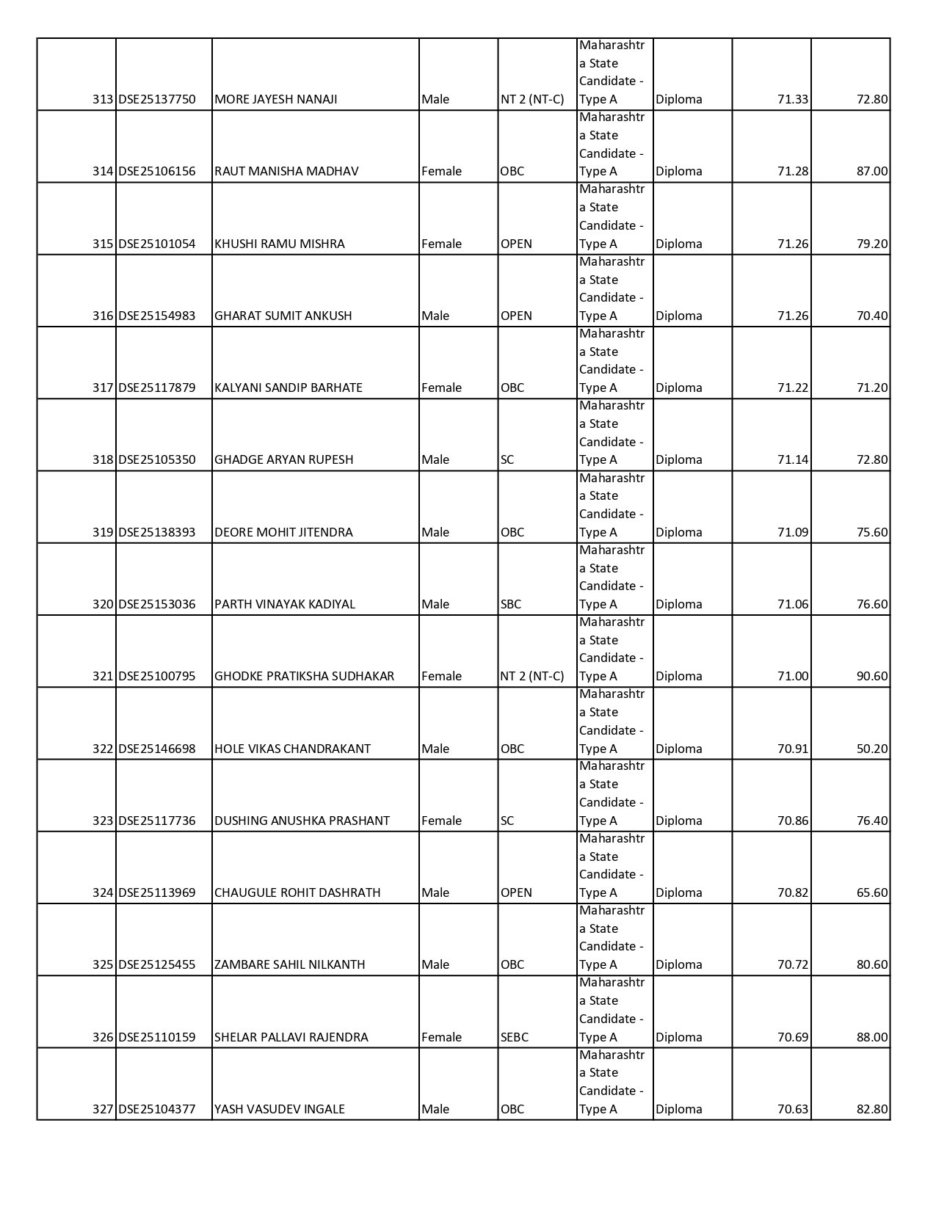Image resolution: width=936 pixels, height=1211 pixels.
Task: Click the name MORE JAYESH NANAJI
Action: [x=275, y=99]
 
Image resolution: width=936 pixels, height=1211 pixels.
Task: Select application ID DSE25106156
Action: [x=157, y=171]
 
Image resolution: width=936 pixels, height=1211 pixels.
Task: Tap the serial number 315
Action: [x=103, y=244]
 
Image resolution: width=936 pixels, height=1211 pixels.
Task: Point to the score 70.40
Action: [x=871, y=316]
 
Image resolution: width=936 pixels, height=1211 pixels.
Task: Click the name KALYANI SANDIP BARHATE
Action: [x=289, y=388]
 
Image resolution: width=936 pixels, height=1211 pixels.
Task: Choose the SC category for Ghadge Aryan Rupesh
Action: [x=507, y=459]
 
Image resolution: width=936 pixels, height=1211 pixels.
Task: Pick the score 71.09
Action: [x=793, y=532]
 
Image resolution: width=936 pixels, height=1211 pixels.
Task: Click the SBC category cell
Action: [x=511, y=604]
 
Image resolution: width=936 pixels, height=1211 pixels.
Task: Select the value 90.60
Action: [x=871, y=676]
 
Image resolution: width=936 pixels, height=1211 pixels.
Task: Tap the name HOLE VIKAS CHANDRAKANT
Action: [x=292, y=749]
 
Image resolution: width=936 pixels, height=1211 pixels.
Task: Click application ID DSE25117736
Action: [x=157, y=821]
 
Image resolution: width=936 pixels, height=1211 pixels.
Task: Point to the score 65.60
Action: [x=871, y=892]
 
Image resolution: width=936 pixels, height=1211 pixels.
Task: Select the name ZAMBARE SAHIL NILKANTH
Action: [x=290, y=964]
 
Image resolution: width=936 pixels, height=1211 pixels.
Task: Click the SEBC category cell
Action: [x=515, y=1037]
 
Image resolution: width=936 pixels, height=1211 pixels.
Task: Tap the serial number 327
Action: [x=103, y=1109]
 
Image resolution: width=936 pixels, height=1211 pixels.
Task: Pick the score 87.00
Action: [x=871, y=171]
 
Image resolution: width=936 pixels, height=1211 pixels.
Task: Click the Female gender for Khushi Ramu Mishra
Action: [x=442, y=244]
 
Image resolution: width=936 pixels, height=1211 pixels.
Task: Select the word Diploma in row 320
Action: [x=679, y=604]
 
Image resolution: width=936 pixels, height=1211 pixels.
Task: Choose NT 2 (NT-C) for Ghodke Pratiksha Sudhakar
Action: [x=532, y=676]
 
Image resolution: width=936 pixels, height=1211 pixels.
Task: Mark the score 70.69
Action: [x=793, y=1037]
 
